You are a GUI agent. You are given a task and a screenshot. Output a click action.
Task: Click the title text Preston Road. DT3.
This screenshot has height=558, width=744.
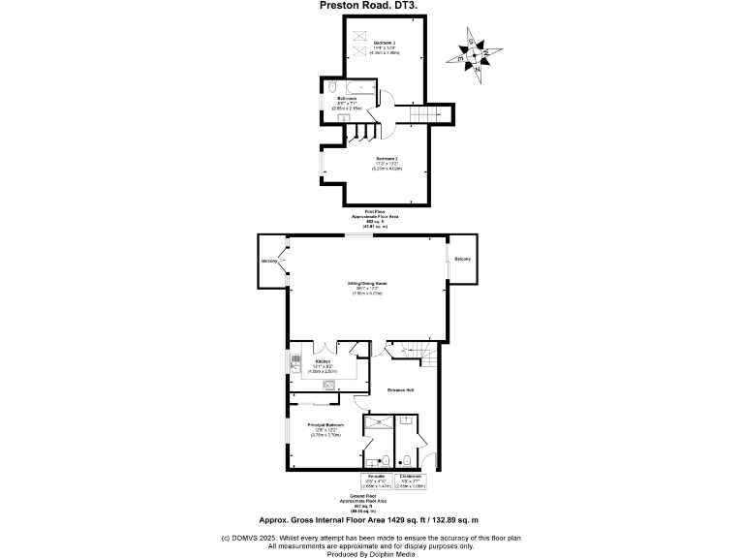click(371, 5)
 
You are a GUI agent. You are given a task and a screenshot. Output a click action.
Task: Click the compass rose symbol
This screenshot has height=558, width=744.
click(474, 56)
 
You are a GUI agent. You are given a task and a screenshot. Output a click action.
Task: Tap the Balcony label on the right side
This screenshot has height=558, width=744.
click(462, 259)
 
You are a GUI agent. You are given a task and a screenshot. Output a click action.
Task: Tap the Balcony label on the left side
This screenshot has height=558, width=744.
click(268, 263)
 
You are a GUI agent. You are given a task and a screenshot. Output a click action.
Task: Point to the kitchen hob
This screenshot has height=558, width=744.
click(329, 385)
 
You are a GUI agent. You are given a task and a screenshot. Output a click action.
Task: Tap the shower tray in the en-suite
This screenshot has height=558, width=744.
click(378, 421)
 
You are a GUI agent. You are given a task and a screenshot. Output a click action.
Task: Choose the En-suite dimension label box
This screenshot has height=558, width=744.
click(375, 480)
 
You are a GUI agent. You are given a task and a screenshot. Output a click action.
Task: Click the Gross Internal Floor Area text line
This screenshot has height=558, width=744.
click(372, 520)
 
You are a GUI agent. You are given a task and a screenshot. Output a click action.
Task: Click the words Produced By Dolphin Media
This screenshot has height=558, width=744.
click(372, 553)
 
